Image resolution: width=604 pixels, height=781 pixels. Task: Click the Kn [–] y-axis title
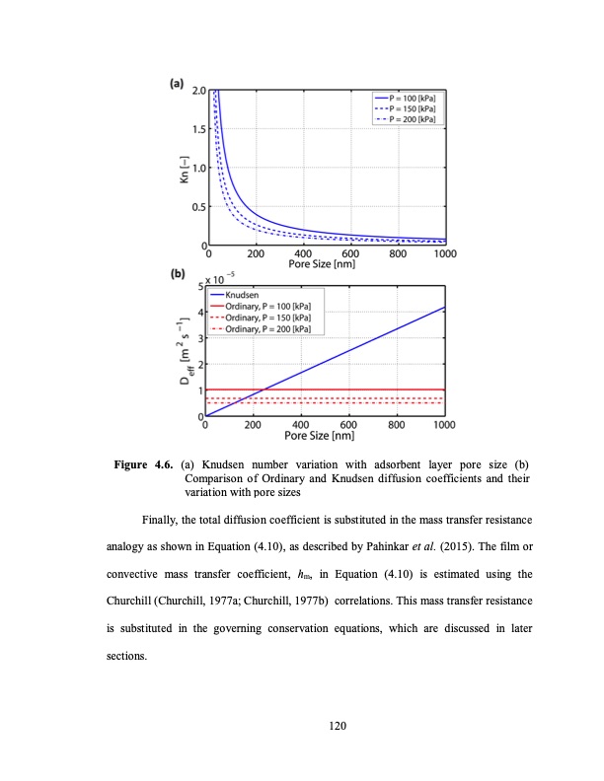[x=181, y=167]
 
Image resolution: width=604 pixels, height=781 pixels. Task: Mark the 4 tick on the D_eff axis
[x=198, y=313]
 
